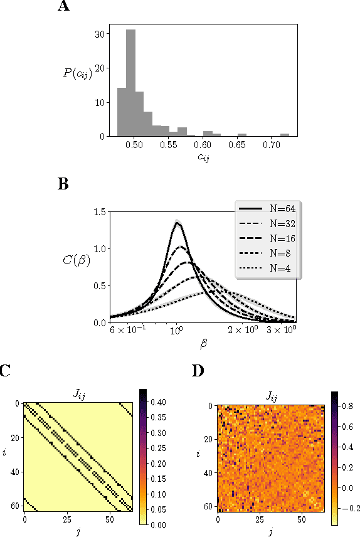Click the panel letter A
point(63,7)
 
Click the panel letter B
point(63,185)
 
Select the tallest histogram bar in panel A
point(131,82)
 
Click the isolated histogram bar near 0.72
point(285,134)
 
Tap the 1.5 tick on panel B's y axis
point(100,213)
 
